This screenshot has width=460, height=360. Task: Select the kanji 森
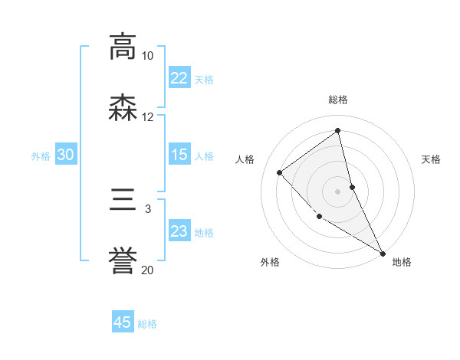[123, 108]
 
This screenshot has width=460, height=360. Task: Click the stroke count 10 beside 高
[147, 56]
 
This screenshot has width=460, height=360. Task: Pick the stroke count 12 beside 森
[147, 117]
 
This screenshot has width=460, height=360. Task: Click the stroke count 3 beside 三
[148, 208]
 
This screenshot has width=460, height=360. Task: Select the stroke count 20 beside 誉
[147, 270]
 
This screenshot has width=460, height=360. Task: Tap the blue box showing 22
[179, 78]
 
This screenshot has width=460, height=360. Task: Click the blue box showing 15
[179, 155]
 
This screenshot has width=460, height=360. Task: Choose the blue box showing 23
[179, 231]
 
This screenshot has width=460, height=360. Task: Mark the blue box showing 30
[66, 155]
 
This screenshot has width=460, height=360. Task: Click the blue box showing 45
[123, 322]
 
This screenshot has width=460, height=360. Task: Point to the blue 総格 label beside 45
[147, 324]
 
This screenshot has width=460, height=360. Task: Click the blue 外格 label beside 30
[41, 156]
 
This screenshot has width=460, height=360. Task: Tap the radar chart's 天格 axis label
[431, 159]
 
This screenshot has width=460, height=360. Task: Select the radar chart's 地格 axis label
[402, 262]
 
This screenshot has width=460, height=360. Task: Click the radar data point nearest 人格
[280, 172]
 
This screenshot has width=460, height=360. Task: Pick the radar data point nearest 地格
[383, 253]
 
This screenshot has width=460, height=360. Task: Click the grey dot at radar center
[337, 191]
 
